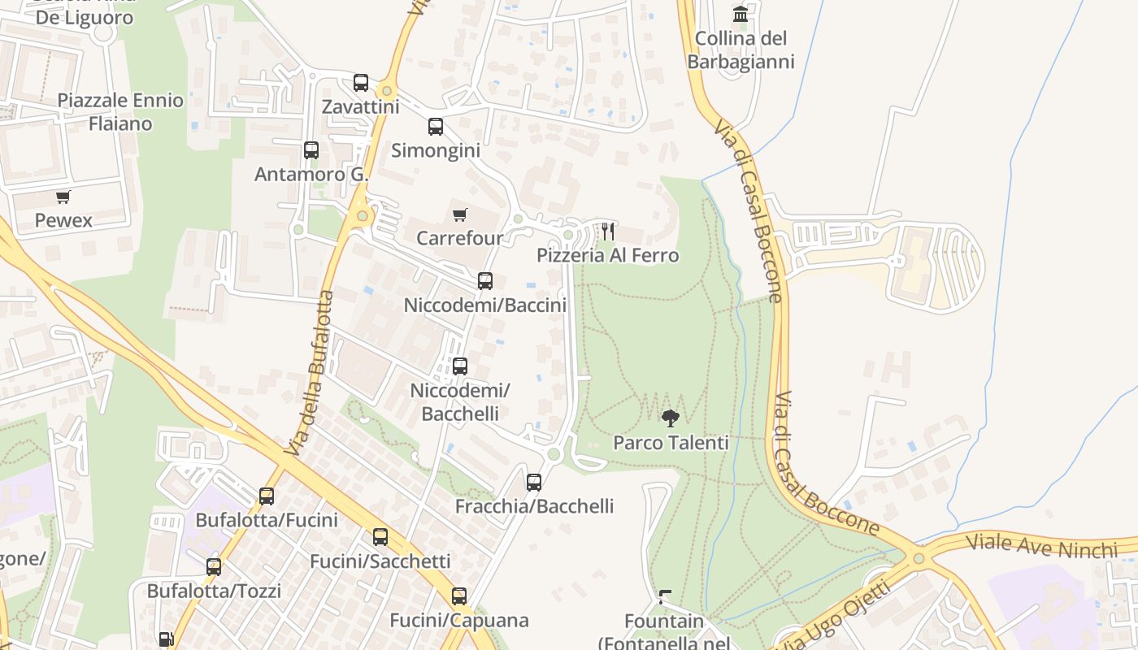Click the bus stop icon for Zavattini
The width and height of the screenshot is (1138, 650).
click(361, 83)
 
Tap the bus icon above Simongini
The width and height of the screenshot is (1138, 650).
click(436, 127)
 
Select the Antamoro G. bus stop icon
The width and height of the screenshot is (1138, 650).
click(311, 150)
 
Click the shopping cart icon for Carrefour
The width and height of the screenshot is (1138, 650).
click(460, 214)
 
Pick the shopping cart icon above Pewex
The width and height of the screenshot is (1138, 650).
click(63, 197)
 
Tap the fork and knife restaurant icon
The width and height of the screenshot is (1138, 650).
click(607, 232)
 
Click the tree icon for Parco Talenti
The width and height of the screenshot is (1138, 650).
click(671, 418)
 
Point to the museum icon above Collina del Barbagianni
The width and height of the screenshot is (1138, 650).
click(741, 14)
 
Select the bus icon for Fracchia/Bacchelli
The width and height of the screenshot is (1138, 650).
click(534, 483)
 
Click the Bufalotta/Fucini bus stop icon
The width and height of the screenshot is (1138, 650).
click(267, 496)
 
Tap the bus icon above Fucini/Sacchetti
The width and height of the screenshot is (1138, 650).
click(380, 537)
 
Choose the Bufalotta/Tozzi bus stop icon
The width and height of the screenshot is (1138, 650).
click(214, 567)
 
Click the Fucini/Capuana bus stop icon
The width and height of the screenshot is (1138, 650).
click(459, 596)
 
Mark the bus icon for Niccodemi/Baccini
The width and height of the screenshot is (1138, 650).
click(485, 281)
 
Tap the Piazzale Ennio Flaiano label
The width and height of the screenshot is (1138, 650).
click(120, 112)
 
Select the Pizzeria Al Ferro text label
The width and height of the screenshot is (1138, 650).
click(607, 256)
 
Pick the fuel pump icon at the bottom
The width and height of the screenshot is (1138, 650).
click(166, 640)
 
